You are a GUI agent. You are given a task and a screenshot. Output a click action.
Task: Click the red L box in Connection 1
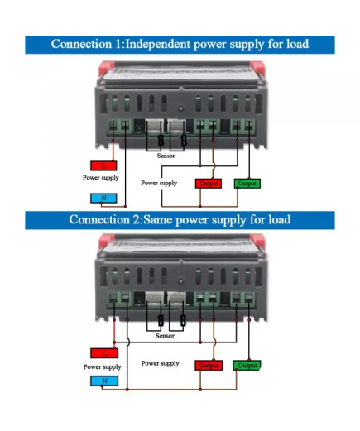click(103, 165)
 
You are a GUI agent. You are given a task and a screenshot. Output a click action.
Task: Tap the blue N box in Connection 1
click(103, 198)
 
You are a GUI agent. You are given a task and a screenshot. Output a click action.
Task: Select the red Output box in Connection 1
click(209, 184)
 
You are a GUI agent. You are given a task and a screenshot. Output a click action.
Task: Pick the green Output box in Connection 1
click(247, 184)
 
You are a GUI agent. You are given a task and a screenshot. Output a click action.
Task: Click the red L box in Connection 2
click(104, 353)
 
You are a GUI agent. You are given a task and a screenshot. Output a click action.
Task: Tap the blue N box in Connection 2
click(104, 381)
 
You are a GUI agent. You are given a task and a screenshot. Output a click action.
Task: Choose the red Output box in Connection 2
click(209, 365)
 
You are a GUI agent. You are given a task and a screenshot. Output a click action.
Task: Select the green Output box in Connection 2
click(247, 365)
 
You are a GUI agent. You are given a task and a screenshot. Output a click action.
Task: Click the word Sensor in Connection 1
click(166, 156)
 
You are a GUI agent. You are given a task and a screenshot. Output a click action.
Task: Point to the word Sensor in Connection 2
click(165, 336)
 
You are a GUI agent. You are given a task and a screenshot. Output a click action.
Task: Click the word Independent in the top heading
click(157, 44)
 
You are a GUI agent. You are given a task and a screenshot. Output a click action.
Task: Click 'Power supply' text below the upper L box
click(101, 178)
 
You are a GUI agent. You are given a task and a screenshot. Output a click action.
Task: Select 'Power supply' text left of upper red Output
click(159, 183)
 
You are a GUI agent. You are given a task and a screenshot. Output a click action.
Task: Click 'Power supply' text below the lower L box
click(102, 366)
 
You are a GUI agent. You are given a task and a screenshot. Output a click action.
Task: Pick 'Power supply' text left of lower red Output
click(160, 363)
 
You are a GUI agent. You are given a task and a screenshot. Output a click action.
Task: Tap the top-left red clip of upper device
click(106, 68)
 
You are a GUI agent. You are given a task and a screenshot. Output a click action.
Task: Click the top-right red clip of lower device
click(258, 241)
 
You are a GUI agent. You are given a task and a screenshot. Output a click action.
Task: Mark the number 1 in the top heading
click(118, 44)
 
